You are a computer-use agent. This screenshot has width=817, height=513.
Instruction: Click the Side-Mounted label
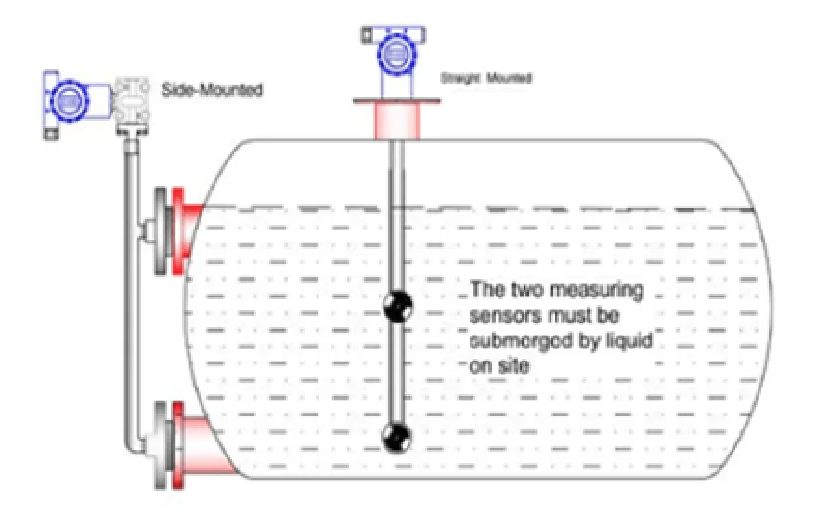pyautogui.click(x=213, y=90)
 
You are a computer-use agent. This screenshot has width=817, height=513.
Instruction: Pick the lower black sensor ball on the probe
pyautogui.click(x=397, y=433)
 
